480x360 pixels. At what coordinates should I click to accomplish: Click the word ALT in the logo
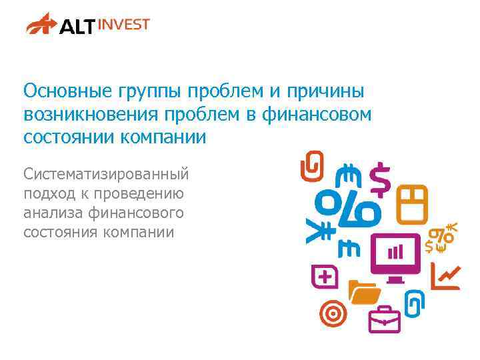(x=77, y=27)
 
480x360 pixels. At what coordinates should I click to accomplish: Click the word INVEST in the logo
(x=124, y=25)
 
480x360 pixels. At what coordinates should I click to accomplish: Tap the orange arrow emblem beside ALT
(x=42, y=25)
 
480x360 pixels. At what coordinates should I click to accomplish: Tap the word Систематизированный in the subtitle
(x=106, y=175)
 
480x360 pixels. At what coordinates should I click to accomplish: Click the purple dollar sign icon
(x=381, y=179)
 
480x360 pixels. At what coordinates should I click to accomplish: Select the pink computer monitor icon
(x=395, y=256)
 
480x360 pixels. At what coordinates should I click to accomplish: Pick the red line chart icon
(x=445, y=276)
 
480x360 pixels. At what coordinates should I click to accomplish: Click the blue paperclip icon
(x=414, y=303)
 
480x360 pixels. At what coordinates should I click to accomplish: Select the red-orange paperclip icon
(x=311, y=166)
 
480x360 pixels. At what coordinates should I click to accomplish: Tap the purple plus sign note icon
(x=325, y=277)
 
